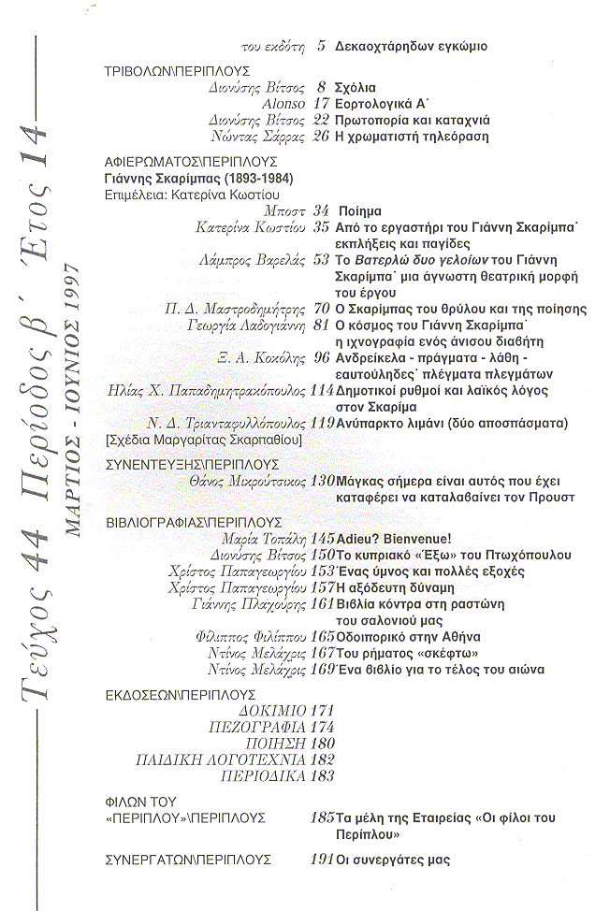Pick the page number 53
320,260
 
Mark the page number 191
320,859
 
